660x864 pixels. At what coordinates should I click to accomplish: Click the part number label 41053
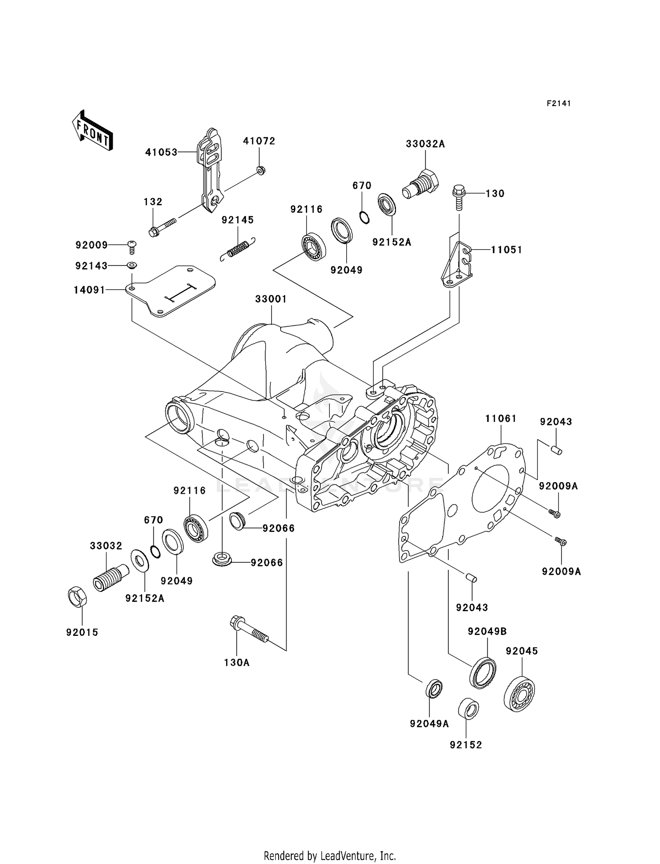(161, 152)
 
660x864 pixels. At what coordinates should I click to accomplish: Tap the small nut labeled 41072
(260, 170)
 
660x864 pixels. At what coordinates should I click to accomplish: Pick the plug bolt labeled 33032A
(420, 187)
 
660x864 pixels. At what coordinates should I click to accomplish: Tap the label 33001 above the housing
(271, 299)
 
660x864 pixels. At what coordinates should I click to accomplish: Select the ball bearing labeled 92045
(519, 695)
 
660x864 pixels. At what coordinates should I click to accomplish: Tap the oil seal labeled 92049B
(483, 672)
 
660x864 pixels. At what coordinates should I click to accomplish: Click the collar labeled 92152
(468, 709)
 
